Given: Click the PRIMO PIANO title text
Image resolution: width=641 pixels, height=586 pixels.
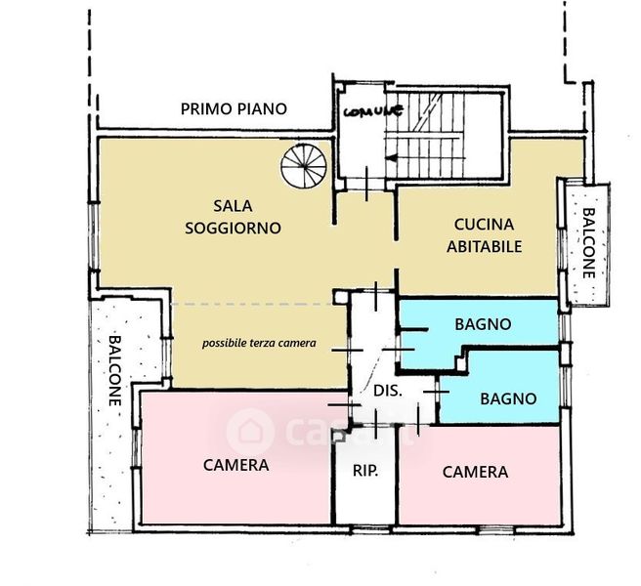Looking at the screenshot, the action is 234,109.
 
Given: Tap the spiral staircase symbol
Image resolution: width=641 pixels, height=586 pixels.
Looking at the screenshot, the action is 304,166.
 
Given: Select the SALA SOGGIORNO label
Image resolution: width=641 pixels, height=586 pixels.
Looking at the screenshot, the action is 233,217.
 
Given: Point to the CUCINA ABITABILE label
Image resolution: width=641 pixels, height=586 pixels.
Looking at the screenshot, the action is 484,235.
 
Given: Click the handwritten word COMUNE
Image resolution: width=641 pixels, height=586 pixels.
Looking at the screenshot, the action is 373,110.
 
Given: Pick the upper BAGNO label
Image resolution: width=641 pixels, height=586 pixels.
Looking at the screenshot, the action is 484,324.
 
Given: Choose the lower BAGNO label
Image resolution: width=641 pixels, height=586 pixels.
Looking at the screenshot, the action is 508,398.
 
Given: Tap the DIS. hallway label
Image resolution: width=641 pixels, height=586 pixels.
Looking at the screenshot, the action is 388,391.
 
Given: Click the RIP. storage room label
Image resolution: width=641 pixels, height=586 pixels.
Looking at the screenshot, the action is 365,471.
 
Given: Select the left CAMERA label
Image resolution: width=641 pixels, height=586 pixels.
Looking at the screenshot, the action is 235,465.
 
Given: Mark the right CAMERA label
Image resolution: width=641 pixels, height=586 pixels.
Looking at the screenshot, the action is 475,472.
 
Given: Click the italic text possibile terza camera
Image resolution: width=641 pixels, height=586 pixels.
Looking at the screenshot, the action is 259,343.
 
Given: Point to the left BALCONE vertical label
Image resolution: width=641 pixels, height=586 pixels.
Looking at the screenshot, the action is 115,370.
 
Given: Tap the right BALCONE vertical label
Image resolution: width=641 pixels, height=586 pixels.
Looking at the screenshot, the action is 588,243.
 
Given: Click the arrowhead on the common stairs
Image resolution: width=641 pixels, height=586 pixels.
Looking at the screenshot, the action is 391,158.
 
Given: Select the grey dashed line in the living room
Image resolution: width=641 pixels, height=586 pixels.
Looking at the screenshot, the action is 252,304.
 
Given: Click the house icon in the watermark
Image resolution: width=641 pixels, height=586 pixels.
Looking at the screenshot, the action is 250,431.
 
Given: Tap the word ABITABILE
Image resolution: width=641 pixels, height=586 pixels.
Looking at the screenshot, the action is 484,246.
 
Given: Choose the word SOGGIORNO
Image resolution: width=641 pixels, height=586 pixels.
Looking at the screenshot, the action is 233,228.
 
